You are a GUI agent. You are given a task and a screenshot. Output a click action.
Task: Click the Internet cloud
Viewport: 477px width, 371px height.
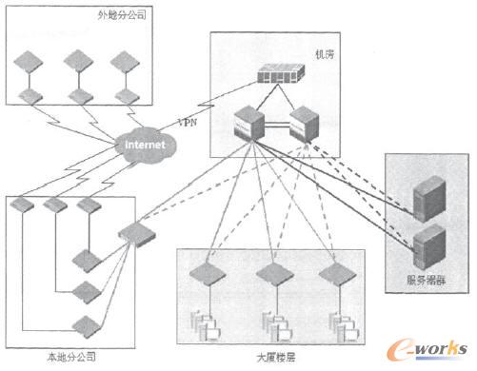pos(146,146)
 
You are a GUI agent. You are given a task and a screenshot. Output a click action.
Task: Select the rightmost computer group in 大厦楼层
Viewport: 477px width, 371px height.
pos(340,323)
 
